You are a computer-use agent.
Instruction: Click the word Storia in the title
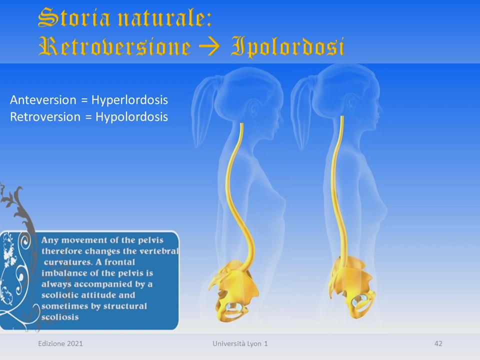coord(74,17)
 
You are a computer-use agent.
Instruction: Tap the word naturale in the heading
coord(164,18)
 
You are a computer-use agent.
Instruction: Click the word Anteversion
coord(43,100)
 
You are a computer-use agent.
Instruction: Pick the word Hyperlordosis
coord(130,100)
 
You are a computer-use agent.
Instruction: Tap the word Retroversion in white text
coord(45,117)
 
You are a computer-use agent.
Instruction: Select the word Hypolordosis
coord(131,117)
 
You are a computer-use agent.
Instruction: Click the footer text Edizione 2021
coord(60,343)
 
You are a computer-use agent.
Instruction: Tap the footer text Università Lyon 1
coord(240,344)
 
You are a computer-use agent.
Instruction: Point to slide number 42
coord(438,343)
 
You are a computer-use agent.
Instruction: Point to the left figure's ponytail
coord(203,110)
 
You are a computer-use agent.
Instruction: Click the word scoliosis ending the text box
coord(60,317)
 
